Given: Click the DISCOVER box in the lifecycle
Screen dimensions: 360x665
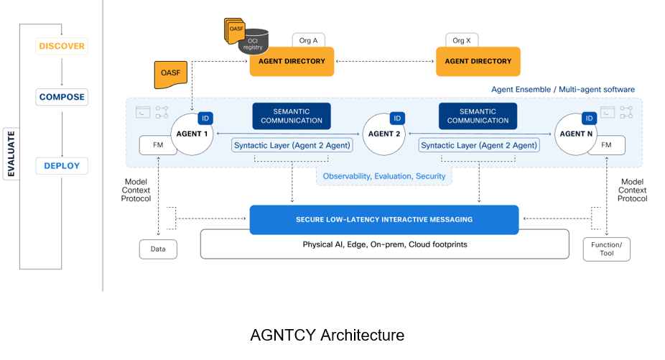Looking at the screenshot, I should coord(62,46).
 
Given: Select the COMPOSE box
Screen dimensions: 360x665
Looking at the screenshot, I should coord(62,97).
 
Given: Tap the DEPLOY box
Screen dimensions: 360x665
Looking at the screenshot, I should coord(62,166).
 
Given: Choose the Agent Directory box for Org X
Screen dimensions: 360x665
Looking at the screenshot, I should coord(478,62).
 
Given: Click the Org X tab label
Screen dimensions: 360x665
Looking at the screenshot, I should coord(458,41).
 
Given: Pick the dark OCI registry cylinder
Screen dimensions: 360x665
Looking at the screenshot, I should coord(254,42).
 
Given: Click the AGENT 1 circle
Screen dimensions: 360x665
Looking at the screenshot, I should coord(192,134).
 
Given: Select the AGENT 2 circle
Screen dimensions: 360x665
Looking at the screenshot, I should coord(384,134).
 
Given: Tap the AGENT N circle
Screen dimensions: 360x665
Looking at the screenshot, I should coord(576,134).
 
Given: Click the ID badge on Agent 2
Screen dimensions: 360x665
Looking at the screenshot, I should coord(397,119).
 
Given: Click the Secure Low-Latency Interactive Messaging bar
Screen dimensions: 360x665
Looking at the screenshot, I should coord(383,219).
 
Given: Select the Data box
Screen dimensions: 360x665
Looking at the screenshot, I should coord(157,249).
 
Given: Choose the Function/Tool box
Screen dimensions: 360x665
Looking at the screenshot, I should coord(607,249).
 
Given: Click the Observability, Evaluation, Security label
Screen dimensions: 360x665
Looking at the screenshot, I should coord(384,176).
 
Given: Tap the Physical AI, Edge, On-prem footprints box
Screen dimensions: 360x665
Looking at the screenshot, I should coord(384,244).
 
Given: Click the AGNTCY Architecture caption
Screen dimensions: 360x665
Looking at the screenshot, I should coord(327,335).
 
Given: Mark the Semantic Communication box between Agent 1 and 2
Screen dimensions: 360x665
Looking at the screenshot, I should coord(292,116).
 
